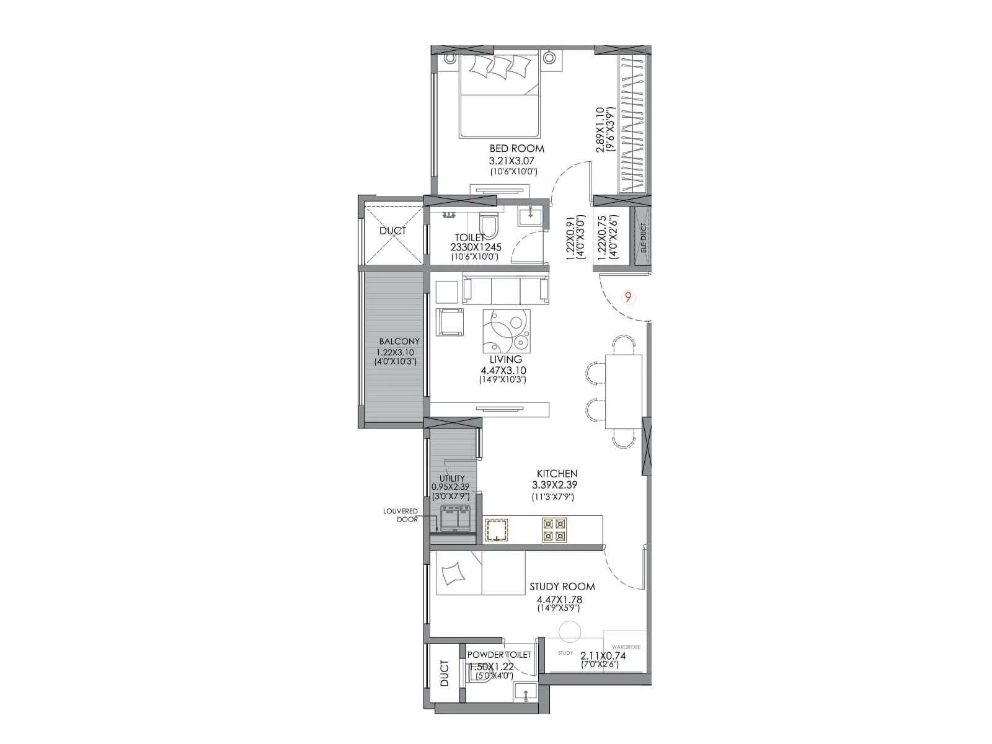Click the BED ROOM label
click(516, 149)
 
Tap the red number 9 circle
click(628, 298)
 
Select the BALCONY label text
click(399, 342)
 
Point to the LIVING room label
click(505, 360)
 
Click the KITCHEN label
click(557, 474)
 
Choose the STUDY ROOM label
click(562, 587)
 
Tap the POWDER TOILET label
click(498, 655)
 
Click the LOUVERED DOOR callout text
click(401, 515)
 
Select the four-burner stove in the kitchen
click(554, 529)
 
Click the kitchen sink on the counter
click(497, 530)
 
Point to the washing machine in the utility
click(456, 518)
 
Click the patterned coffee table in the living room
click(507, 331)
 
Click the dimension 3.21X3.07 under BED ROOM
click(511, 161)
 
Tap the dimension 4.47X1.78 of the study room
click(559, 600)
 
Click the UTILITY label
click(452, 479)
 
